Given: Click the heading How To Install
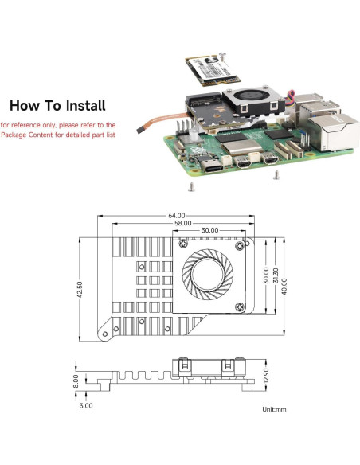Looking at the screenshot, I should [57, 105].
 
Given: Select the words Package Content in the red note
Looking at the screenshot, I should [29, 136].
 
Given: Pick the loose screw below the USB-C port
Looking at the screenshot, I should [191, 188].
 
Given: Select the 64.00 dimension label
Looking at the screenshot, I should [176, 215].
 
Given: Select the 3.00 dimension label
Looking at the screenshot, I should [86, 405].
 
